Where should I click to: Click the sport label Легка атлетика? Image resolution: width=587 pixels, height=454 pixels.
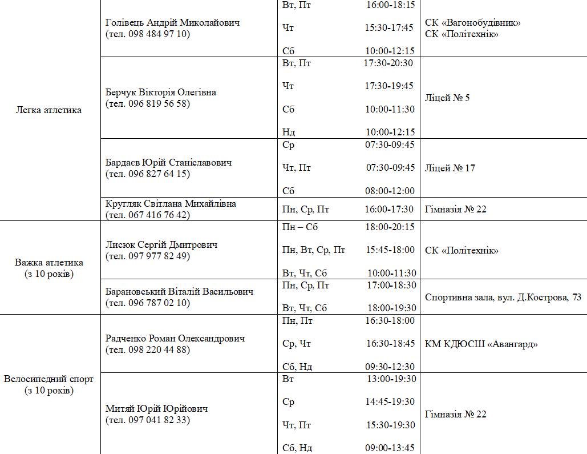click(48, 110)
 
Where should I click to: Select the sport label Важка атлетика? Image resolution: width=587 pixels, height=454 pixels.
click(49, 263)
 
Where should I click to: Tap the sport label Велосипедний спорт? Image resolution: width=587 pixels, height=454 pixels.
click(48, 379)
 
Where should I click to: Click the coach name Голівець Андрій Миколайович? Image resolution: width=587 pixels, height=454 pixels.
click(172, 22)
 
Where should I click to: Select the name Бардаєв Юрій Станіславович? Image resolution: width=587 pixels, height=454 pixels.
click(168, 163)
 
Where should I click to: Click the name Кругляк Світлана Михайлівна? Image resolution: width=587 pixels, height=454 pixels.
click(171, 203)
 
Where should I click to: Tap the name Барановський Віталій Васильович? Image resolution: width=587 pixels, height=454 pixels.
click(179, 292)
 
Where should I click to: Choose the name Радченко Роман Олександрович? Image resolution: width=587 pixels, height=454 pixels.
click(175, 339)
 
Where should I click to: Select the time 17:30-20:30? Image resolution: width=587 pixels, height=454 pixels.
click(388, 63)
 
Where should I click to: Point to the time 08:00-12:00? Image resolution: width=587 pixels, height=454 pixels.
click(390, 191)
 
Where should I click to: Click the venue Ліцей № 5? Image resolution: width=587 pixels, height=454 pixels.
click(447, 98)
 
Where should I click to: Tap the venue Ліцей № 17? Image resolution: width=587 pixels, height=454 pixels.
click(450, 168)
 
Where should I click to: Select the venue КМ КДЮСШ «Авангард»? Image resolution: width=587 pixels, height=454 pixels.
click(481, 344)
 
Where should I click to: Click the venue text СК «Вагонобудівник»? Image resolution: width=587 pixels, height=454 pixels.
click(472, 23)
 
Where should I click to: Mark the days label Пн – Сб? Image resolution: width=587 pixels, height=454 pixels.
click(300, 227)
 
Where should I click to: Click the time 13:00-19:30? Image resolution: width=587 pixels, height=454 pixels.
click(390, 379)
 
